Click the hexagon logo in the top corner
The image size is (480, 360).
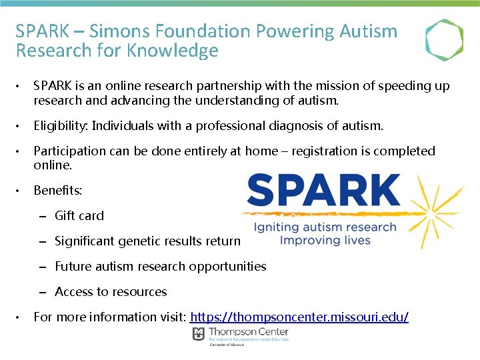(444, 40)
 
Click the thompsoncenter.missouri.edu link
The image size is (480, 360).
(299, 317)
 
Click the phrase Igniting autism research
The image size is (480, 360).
(325, 227)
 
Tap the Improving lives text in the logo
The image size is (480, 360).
(325, 240)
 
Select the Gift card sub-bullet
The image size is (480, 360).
(79, 215)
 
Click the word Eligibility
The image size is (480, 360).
(61, 126)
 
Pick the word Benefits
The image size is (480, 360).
(57, 191)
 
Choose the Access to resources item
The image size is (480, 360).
(111, 291)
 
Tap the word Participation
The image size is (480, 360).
(69, 151)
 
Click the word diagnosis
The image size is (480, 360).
(299, 126)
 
